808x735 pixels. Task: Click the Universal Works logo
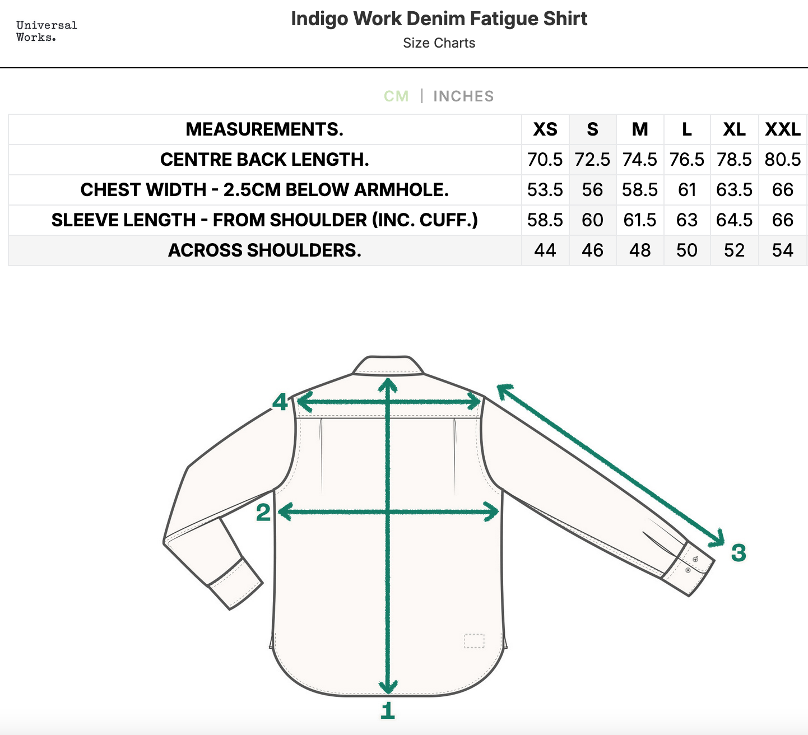click(47, 31)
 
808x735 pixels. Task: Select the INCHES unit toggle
click(463, 96)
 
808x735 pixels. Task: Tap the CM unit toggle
click(396, 96)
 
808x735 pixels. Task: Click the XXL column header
click(783, 129)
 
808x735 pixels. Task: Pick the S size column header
click(592, 129)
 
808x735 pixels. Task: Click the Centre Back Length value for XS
click(545, 160)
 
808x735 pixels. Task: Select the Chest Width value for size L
click(687, 190)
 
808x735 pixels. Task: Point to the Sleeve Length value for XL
click(734, 220)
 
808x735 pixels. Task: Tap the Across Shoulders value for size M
click(640, 250)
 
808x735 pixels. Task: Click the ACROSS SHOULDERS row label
click(264, 250)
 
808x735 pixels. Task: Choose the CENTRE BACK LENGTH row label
click(264, 160)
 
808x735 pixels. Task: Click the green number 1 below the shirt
click(388, 710)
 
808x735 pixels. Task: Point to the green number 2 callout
click(263, 512)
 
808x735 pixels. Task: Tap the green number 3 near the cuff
click(739, 552)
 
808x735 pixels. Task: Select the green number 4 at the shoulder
click(280, 402)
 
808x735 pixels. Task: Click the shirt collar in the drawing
click(388, 365)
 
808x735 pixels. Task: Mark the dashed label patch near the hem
click(474, 641)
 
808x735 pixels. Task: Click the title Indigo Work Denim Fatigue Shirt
click(439, 18)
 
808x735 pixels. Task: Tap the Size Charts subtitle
click(439, 43)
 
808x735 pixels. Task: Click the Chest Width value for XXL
click(783, 190)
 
